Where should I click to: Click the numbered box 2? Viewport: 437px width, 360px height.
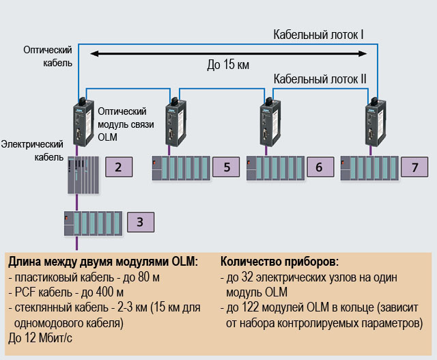tap(117, 167)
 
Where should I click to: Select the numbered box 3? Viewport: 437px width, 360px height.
tap(140, 221)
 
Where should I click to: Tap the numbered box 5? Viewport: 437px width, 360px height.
tap(226, 167)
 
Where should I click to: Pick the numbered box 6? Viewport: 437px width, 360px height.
tap(319, 167)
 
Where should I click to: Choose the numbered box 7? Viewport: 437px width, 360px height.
tap(414, 167)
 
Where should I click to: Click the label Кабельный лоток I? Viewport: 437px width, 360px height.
tap(318, 34)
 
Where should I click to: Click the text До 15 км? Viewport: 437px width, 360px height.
tap(228, 66)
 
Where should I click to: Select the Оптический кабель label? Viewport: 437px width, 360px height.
tap(47, 56)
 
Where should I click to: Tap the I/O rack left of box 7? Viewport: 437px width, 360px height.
tap(368, 167)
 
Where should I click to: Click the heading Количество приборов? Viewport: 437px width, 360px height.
tap(279, 262)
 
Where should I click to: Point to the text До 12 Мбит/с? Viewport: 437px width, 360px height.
tap(42, 336)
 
